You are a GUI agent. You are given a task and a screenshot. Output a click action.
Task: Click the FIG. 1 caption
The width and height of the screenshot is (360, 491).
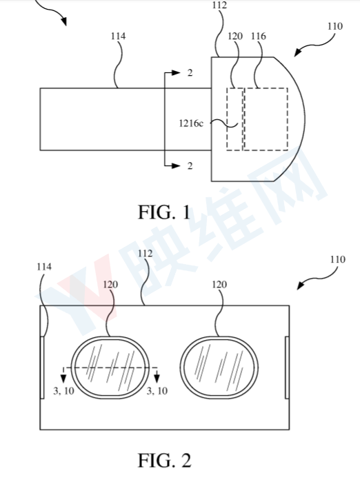pyautogui.click(x=164, y=212)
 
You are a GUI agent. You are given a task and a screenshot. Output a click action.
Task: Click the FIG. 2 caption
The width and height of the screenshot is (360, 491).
pyautogui.click(x=165, y=461)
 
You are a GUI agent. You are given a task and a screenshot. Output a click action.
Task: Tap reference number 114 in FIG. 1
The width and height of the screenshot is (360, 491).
pyautogui.click(x=118, y=37)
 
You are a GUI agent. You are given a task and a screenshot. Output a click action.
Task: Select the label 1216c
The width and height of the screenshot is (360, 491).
pyautogui.click(x=191, y=123)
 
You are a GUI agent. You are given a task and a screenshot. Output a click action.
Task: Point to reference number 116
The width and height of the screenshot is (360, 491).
pyautogui.click(x=258, y=37)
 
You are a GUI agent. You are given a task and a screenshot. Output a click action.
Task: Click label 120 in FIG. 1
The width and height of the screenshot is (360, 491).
pyautogui.click(x=235, y=37)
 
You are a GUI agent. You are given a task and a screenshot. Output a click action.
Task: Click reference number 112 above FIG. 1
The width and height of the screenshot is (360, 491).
pyautogui.click(x=219, y=5)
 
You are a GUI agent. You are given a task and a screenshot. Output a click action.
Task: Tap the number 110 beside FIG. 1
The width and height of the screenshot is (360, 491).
pyautogui.click(x=335, y=26)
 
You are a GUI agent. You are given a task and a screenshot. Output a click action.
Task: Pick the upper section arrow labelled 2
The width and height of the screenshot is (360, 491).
pyautogui.click(x=172, y=73)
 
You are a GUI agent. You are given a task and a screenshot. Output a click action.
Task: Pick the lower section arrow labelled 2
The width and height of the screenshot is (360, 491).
pyautogui.click(x=172, y=166)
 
